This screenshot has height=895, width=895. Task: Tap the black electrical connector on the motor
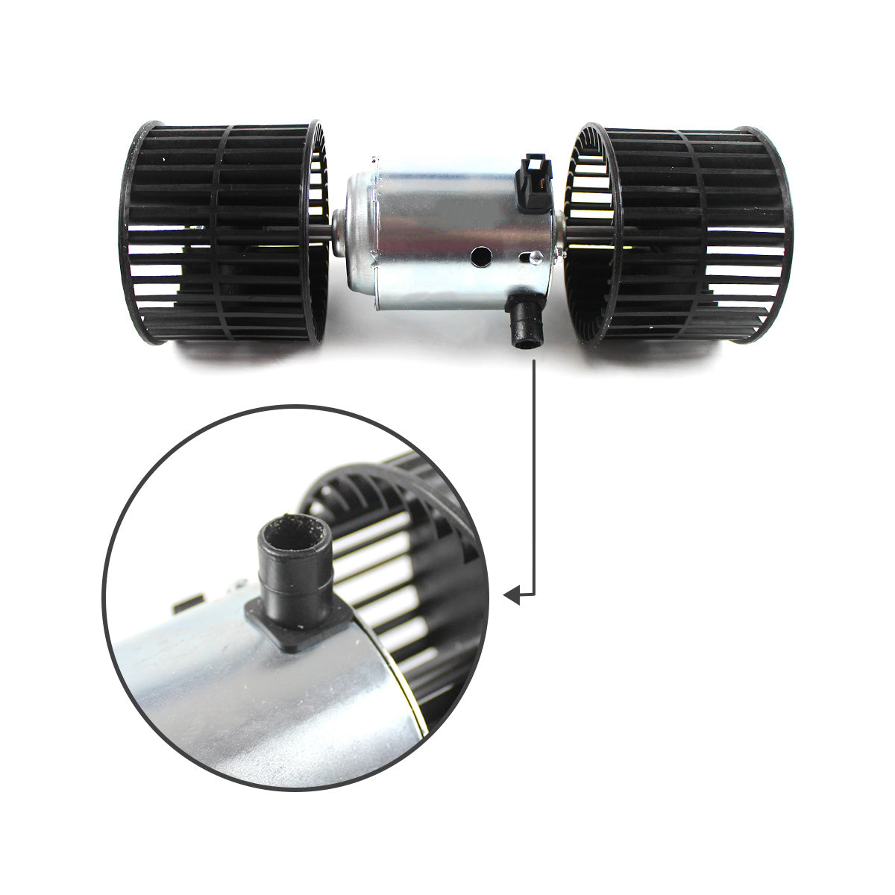[x=535, y=183]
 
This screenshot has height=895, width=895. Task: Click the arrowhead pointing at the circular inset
[x=512, y=594]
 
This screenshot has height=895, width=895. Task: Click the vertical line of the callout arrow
[x=534, y=477]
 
